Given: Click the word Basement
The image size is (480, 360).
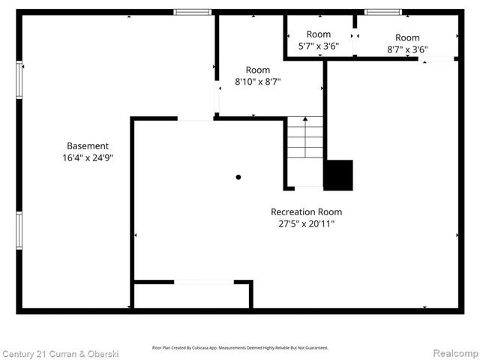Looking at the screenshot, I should click(x=88, y=145).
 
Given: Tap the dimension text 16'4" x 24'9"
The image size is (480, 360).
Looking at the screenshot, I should click(x=88, y=158).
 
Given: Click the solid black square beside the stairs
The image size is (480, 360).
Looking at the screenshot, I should click(x=338, y=175).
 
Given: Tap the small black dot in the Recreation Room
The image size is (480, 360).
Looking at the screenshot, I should click(x=238, y=177).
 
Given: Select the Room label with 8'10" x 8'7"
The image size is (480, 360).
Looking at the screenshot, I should click(x=258, y=70).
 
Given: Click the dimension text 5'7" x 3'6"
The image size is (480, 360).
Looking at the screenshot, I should click(x=319, y=46).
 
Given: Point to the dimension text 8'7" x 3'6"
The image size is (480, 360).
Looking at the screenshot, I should click(x=407, y=49).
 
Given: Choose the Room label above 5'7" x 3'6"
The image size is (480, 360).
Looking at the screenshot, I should click(x=319, y=34).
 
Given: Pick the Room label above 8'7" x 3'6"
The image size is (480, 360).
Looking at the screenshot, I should click(x=407, y=37).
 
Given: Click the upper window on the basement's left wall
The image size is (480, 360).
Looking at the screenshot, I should click(x=19, y=79).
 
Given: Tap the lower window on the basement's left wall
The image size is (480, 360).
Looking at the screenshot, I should click(x=19, y=230).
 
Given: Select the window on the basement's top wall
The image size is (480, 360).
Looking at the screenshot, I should click(x=193, y=12).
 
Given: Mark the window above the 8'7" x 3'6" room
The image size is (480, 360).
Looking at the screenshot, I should click(x=382, y=12).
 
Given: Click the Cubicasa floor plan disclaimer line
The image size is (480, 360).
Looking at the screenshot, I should click(x=240, y=348).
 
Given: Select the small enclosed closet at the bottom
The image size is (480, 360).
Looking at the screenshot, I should click(x=191, y=295).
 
